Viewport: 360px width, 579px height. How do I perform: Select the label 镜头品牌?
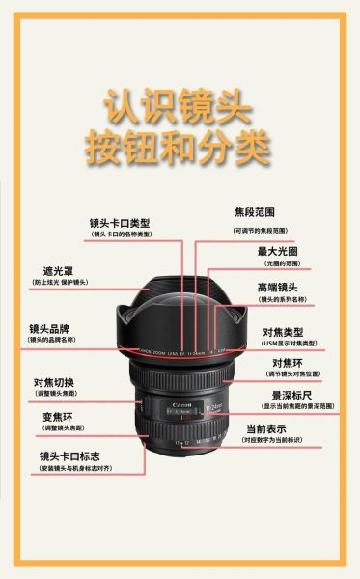(51, 328)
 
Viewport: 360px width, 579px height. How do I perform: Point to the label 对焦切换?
(54, 383)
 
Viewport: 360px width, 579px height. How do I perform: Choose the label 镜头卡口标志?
(69, 455)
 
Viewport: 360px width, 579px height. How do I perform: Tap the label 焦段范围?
(255, 211)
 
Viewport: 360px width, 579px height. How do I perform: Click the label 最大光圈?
(277, 251)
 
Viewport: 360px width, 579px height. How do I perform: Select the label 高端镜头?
(277, 288)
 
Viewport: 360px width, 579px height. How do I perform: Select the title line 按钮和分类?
(180, 148)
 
